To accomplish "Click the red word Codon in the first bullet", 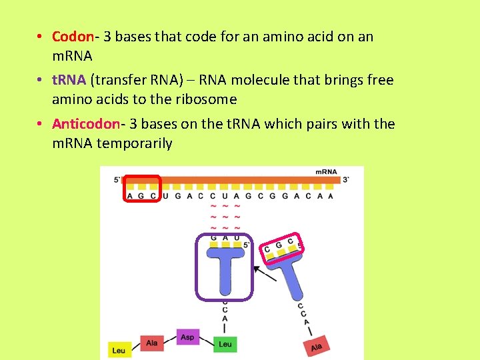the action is coord(71,37).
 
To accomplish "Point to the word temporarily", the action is coord(135,143).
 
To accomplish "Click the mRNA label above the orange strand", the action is coord(326,172).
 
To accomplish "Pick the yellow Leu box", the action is coord(119,350).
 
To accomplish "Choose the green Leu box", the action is coord(225,344).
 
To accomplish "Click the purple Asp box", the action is coord(188,337).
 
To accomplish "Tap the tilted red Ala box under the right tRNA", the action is coord(316,347).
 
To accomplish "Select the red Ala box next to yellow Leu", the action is coord(151,343).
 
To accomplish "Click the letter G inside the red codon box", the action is coord(141,196).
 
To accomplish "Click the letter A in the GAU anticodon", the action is coord(225,237).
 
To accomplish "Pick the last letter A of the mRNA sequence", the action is coord(331,196).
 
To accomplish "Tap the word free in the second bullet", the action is coord(380,80).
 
